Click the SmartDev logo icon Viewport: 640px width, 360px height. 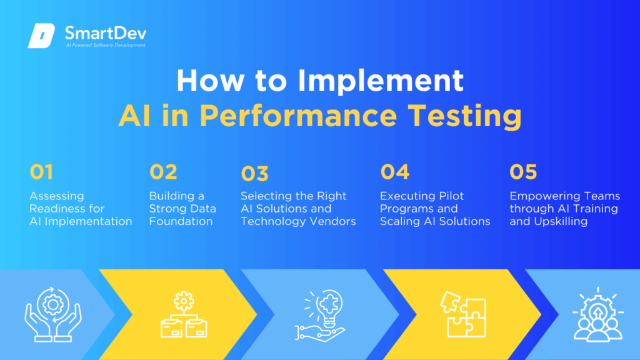point(41,36)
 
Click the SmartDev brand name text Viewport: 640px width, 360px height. point(106,32)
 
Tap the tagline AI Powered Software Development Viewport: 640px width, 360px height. point(106,46)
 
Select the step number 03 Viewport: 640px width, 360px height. point(254,173)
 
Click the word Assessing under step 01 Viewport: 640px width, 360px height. point(56,196)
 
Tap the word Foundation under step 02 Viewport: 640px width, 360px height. point(181,221)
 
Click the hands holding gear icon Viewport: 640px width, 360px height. point(52,316)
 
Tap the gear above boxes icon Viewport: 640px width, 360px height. point(184,316)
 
